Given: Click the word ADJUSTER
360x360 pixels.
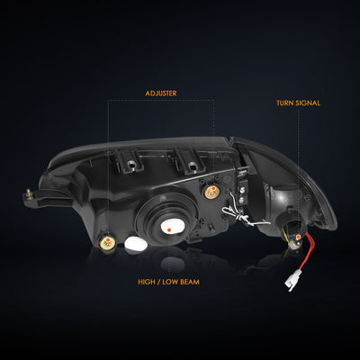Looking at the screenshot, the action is pos(161,94).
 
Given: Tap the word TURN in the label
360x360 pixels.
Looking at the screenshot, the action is pos(285,103).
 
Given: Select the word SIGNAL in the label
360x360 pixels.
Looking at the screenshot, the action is pos(308,103).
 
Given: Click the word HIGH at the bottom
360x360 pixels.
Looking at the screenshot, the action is pos(146,282).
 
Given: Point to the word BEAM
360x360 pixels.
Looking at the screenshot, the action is pos(190,282).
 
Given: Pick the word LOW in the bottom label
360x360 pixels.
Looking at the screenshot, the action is pos(169,282).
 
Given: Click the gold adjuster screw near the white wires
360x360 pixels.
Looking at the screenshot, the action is pos(212,192).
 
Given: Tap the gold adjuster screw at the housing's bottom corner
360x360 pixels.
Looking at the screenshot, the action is pos(107,242).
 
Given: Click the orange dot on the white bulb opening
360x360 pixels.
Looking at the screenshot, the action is pos(169,229).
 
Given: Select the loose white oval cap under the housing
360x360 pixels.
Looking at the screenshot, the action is pos(136,244).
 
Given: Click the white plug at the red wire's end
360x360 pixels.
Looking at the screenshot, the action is pos(290,283).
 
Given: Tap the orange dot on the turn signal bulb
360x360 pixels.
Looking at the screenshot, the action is pos(298,238).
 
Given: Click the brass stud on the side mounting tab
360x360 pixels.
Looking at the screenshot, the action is pos(29,193).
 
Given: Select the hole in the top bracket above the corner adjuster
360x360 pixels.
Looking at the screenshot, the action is pos(131,165).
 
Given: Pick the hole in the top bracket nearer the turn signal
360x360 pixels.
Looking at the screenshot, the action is pos(192,166).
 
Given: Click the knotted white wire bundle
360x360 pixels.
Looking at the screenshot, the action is pos(242,214).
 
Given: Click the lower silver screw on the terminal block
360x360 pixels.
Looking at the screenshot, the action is pos(242,200).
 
